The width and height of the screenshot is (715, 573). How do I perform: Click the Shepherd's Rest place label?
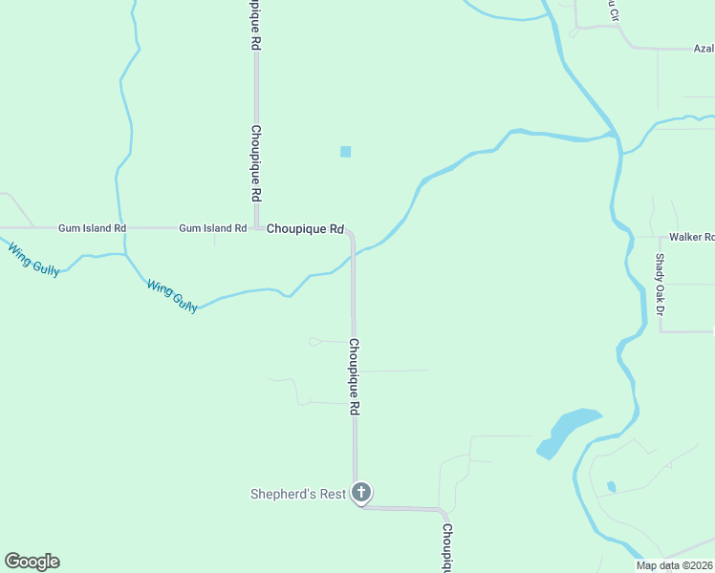click(x=296, y=494)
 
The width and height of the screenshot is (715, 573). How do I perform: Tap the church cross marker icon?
click(x=360, y=493)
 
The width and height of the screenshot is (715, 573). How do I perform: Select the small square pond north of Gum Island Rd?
click(x=345, y=151)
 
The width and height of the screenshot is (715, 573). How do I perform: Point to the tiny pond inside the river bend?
click(x=611, y=487)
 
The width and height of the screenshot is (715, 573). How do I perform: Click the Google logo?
click(x=32, y=562)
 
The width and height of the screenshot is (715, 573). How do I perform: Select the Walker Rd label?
click(x=691, y=237)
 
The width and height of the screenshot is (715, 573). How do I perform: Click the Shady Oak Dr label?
click(x=660, y=285)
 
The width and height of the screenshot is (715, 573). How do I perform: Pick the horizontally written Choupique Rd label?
click(x=305, y=229)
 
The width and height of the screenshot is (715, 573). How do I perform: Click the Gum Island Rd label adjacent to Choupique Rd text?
click(x=212, y=228)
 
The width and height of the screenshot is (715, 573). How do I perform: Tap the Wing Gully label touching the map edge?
click(x=33, y=260)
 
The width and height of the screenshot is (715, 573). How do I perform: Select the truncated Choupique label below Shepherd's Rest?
click(x=446, y=547)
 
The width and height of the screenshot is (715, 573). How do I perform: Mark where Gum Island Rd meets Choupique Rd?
click(x=256, y=228)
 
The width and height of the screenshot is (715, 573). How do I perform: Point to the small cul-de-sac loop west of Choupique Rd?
click(x=314, y=341)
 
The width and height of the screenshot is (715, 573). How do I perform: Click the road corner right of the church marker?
click(x=442, y=511)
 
